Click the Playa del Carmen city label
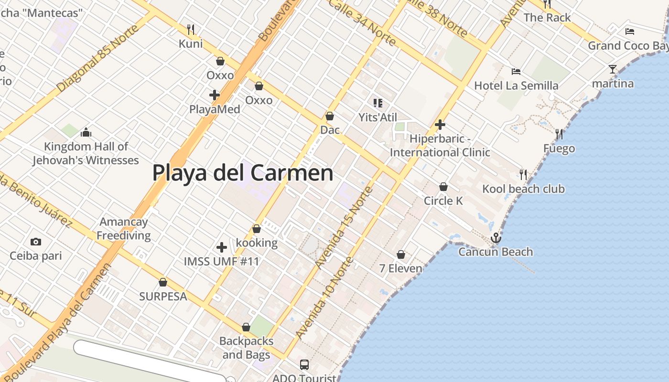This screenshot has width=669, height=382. (242, 172)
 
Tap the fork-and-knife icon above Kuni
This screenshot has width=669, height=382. (191, 30)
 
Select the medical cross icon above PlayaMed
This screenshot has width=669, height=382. (215, 95)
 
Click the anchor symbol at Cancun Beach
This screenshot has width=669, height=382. (496, 237)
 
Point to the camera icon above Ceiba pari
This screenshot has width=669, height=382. (36, 242)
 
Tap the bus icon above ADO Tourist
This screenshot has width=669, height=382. (304, 365)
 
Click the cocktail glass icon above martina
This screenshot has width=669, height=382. (613, 69)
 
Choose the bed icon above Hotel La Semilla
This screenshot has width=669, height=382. (516, 72)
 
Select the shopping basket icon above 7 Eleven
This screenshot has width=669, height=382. (401, 255)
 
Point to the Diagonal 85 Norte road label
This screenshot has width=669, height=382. (97, 59)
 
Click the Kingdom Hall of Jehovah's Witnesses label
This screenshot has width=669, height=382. (86, 153)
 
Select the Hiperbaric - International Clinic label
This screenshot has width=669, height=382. (440, 146)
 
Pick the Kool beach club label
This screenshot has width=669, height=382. (523, 189)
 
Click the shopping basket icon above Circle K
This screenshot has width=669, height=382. (443, 187)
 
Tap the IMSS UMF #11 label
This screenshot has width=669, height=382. (222, 262)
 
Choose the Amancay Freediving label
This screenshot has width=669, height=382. (124, 229)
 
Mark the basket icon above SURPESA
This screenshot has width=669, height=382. (163, 282)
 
